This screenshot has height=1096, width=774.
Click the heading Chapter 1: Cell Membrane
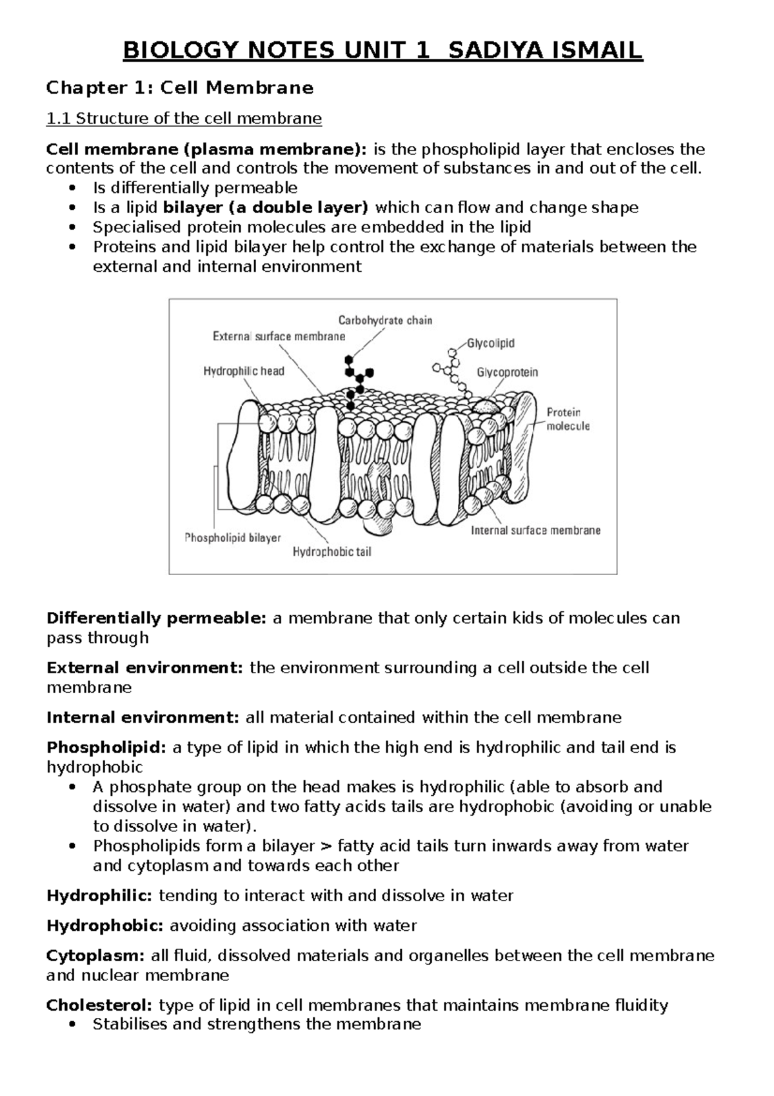coord(180,87)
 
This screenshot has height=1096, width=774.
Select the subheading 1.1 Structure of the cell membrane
coord(184,119)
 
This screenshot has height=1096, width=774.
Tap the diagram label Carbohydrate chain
coord(385,320)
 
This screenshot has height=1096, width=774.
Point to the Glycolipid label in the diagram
coord(491,343)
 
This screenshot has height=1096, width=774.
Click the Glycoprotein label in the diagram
coord(507,372)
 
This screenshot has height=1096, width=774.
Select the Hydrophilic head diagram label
coord(244,371)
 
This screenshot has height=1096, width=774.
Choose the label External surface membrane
coord(279,336)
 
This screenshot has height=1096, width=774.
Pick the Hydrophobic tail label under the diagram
coord(332,552)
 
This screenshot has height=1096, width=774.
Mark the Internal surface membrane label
coord(535,531)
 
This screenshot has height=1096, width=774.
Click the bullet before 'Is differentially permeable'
coord(76,188)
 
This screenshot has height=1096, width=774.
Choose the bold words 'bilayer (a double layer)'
coord(266,208)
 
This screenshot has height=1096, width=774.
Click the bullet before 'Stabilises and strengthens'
coord(76,1024)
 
